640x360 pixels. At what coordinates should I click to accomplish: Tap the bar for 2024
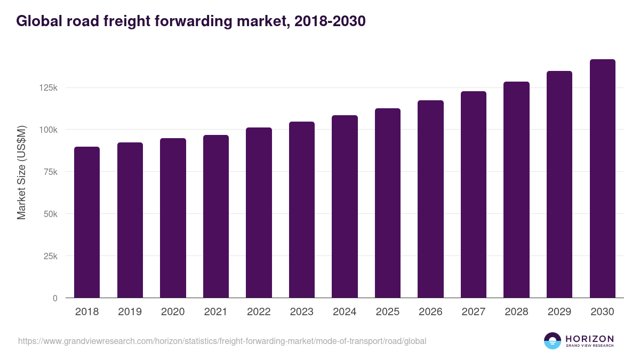345,206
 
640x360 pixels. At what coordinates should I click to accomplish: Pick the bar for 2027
474,194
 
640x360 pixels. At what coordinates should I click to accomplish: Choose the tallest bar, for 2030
602,178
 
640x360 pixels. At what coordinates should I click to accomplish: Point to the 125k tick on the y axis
47,87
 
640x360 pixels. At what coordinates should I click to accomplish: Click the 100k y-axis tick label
47,130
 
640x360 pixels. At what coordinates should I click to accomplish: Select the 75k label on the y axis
50,172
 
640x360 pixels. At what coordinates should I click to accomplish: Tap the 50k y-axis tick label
50,214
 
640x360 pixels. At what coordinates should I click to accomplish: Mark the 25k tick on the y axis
50,256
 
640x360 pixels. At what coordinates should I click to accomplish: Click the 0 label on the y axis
54,298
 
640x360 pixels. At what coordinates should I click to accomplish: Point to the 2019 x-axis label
130,312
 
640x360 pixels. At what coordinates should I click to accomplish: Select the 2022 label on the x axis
259,312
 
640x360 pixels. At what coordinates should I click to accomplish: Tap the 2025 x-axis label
388,312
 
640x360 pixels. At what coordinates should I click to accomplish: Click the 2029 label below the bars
559,312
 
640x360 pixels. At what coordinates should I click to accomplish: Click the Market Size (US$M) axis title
21,172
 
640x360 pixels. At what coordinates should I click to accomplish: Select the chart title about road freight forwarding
190,21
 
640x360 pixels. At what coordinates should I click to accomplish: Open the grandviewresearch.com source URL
222,341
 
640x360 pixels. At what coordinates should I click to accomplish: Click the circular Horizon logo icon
553,341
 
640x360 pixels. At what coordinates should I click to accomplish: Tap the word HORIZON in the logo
589,338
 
